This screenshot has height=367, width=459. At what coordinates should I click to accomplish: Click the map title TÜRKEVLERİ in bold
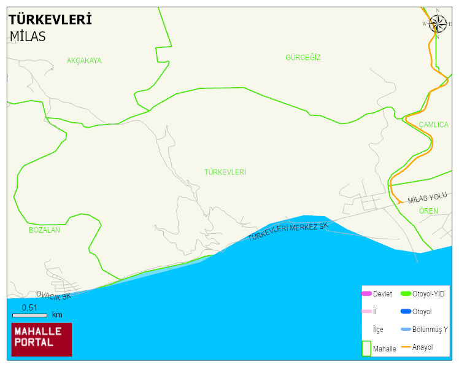click(x=50, y=20)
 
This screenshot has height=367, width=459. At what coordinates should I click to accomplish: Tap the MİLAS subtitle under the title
click(x=28, y=36)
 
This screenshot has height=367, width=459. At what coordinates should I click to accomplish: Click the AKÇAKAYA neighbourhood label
click(x=84, y=61)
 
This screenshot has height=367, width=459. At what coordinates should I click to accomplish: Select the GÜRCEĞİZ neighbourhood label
click(x=303, y=58)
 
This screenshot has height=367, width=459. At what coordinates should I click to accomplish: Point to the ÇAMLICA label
click(x=433, y=125)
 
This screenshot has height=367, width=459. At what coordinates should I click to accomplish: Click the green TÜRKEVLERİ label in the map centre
click(x=225, y=172)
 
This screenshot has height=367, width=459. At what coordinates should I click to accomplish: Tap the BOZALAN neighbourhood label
click(x=44, y=230)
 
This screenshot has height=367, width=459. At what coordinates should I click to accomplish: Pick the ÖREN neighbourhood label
click(x=428, y=211)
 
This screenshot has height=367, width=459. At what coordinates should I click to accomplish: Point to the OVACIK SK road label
click(x=54, y=296)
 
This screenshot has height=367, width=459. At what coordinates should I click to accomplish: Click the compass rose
click(x=438, y=24)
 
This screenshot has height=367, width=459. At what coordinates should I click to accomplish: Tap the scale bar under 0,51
click(x=30, y=315)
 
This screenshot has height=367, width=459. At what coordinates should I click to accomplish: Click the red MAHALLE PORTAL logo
click(x=41, y=339)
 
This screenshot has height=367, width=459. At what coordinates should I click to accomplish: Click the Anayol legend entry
click(x=422, y=347)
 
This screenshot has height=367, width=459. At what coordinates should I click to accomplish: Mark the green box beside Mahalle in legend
click(x=366, y=348)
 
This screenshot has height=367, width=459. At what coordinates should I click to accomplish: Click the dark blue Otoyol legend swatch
click(x=406, y=312)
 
